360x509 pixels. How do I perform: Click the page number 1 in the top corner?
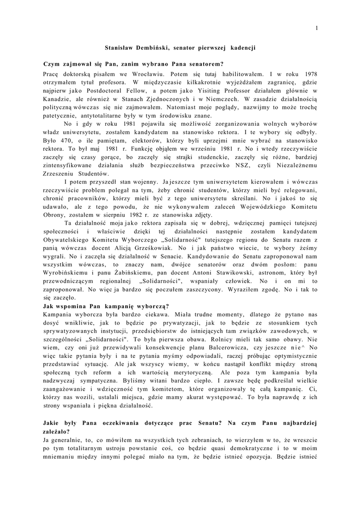pyautogui.click(x=316, y=28)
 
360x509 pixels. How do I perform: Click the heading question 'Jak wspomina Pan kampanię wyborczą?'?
pyautogui.click(x=106, y=305)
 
